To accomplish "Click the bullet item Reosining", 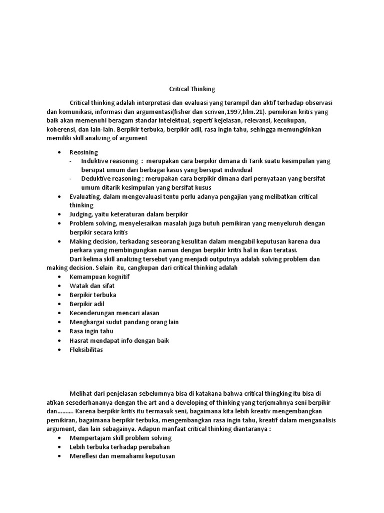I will [x=84, y=152].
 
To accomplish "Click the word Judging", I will [x=80, y=214].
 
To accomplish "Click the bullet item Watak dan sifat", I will [x=88, y=286].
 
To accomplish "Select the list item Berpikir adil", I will [x=87, y=304].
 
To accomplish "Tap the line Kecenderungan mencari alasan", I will [x=107, y=313].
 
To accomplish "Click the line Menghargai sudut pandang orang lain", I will [x=124, y=322].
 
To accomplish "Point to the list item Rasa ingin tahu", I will [x=91, y=331].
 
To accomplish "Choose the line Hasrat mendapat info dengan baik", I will [x=119, y=341].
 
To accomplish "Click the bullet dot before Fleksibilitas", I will [x=60, y=350].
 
